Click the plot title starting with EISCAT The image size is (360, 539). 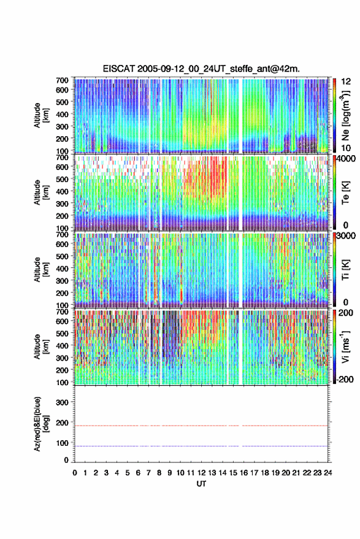[201, 69]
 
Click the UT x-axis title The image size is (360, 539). [202, 484]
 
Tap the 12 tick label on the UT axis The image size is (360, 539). [202, 473]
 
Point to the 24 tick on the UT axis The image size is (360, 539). [327, 473]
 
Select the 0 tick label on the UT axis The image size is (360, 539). [75, 473]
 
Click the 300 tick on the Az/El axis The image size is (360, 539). [62, 402]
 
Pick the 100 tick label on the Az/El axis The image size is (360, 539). [62, 443]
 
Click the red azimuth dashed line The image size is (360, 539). [201, 426]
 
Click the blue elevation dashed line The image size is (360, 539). [201, 446]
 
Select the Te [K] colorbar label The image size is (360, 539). [345, 193]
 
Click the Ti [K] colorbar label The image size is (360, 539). [345, 270]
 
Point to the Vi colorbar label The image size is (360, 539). [345, 347]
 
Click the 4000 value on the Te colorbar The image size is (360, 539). [345, 159]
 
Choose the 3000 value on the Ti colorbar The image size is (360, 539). [346, 236]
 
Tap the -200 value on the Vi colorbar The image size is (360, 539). [343, 379]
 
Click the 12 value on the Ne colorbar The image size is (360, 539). [346, 82]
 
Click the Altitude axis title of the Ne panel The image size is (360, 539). [41, 115]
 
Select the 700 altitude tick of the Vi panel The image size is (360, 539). [62, 312]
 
